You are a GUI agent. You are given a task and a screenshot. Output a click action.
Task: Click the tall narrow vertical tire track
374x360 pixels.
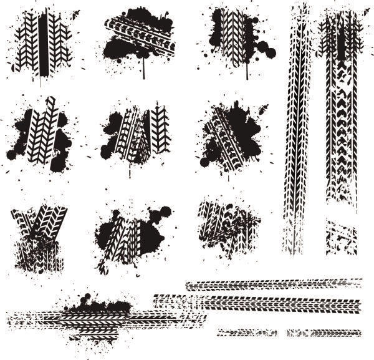pyautogui.click(x=296, y=137)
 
